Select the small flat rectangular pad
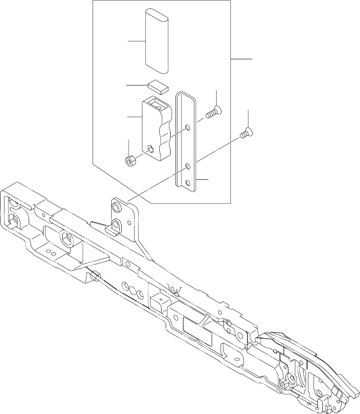coord(158,87)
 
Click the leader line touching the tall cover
coord(136,41)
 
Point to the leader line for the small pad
coord(136,85)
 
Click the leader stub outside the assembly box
coord(241,59)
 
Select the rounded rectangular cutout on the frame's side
coord(194,327)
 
